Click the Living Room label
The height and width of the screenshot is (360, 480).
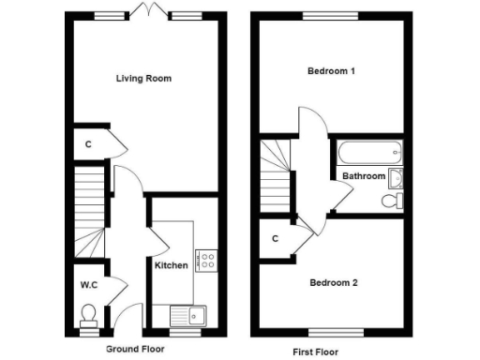click(x=143, y=78)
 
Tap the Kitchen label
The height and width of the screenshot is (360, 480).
click(x=172, y=265)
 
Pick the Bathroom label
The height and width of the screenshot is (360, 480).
click(x=364, y=176)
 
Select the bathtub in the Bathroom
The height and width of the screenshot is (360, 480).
click(x=369, y=151)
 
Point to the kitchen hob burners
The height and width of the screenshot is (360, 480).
click(x=207, y=259)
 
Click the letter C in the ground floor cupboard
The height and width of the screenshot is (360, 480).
click(x=87, y=144)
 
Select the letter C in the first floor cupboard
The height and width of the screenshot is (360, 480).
click(x=275, y=238)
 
